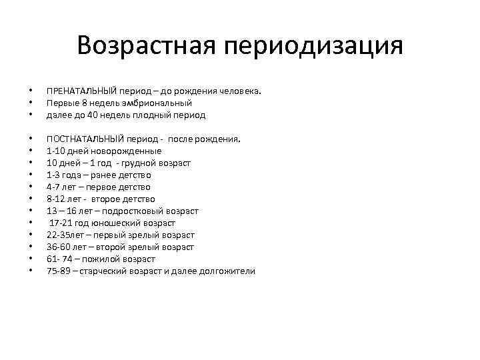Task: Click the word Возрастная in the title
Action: click(145, 46)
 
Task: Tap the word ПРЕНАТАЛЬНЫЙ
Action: click(81, 91)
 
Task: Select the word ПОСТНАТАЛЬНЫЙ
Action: click(83, 139)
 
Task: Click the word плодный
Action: click(157, 115)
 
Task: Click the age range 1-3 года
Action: click(63, 175)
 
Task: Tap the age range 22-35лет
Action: click(63, 235)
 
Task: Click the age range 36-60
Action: click(57, 247)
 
